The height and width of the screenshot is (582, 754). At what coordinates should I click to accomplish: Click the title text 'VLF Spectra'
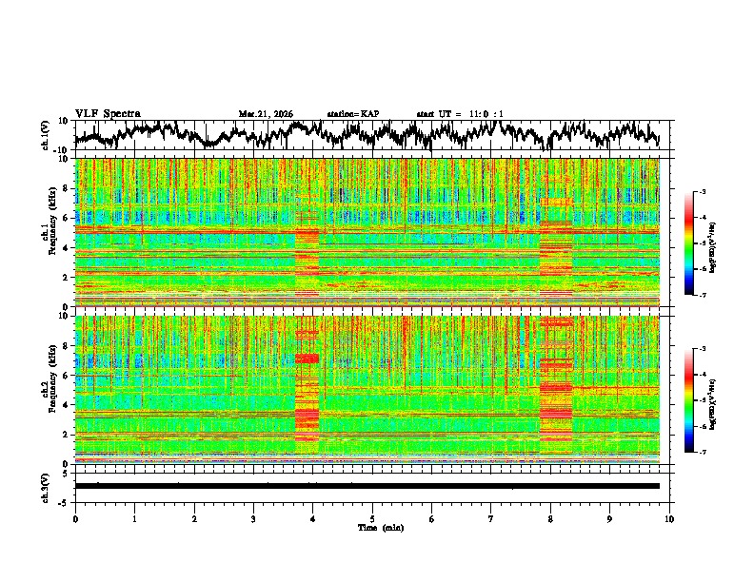108,113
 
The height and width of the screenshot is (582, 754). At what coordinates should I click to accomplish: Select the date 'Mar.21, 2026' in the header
266,114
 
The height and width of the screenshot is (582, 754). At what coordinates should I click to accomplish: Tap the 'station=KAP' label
352,114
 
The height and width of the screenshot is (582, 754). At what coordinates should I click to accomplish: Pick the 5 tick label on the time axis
372,518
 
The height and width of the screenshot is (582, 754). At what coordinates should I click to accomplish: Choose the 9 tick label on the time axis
610,518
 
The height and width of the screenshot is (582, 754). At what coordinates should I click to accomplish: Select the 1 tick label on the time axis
134,518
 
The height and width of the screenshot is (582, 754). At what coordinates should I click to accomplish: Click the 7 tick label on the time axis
491,518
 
